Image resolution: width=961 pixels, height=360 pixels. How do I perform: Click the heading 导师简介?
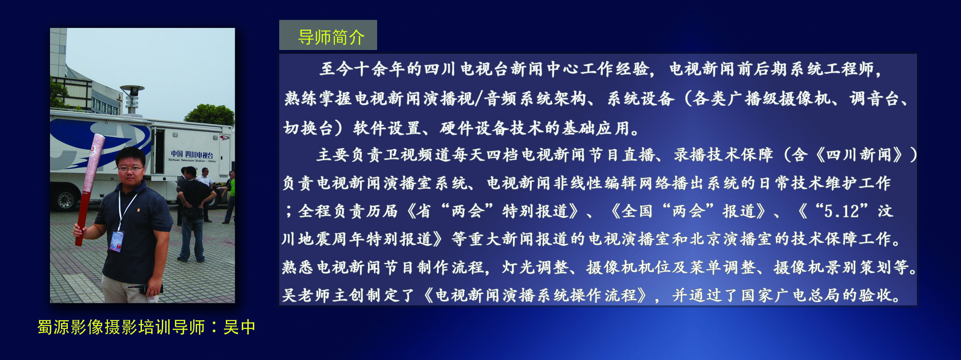[x=331, y=37]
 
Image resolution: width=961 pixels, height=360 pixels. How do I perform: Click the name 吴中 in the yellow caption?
[x=239, y=327]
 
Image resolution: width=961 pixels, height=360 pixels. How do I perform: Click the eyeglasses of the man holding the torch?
[x=130, y=168]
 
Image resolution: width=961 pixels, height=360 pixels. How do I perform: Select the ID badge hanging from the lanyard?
[x=117, y=241]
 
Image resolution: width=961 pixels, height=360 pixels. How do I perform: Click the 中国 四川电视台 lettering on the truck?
[x=192, y=155]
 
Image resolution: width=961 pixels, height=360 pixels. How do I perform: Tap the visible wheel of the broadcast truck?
[x=65, y=199]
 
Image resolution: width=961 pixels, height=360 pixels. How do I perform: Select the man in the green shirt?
[x=230, y=197]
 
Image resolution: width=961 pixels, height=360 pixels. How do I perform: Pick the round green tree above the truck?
[x=210, y=114]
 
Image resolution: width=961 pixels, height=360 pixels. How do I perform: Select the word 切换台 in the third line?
[x=308, y=128]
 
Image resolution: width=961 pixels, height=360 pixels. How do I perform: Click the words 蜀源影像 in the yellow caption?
[x=70, y=327]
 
